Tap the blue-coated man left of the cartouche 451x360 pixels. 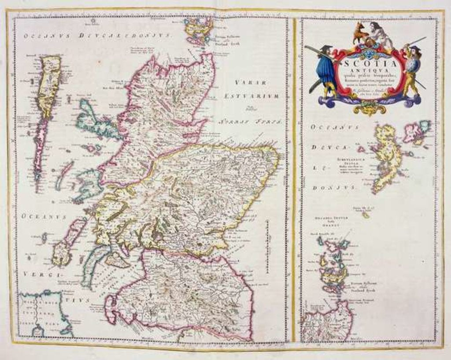326,71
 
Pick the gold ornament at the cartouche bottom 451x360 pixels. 370,108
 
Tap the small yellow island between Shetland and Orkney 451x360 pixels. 366,215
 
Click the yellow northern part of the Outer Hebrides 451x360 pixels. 49,86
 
